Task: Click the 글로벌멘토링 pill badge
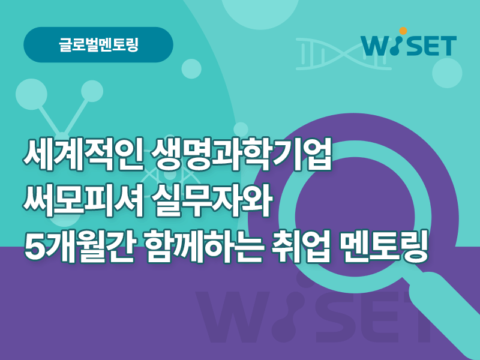98,44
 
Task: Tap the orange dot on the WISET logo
403,31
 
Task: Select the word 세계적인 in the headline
83,154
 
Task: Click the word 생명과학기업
242,154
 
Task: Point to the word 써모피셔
83,200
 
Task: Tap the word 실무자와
212,200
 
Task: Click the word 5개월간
79,247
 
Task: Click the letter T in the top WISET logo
447,46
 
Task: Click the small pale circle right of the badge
191,69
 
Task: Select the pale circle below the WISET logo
447,73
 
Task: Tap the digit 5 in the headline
34,247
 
